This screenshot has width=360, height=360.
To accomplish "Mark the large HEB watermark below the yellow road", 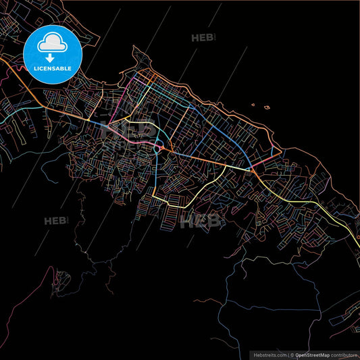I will (201, 220).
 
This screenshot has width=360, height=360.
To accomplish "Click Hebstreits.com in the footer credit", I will (269, 354).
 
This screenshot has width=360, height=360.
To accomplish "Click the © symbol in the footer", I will (292, 354).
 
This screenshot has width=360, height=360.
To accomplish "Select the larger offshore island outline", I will (267, 107).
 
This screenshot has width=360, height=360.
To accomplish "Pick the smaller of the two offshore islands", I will (253, 104).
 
